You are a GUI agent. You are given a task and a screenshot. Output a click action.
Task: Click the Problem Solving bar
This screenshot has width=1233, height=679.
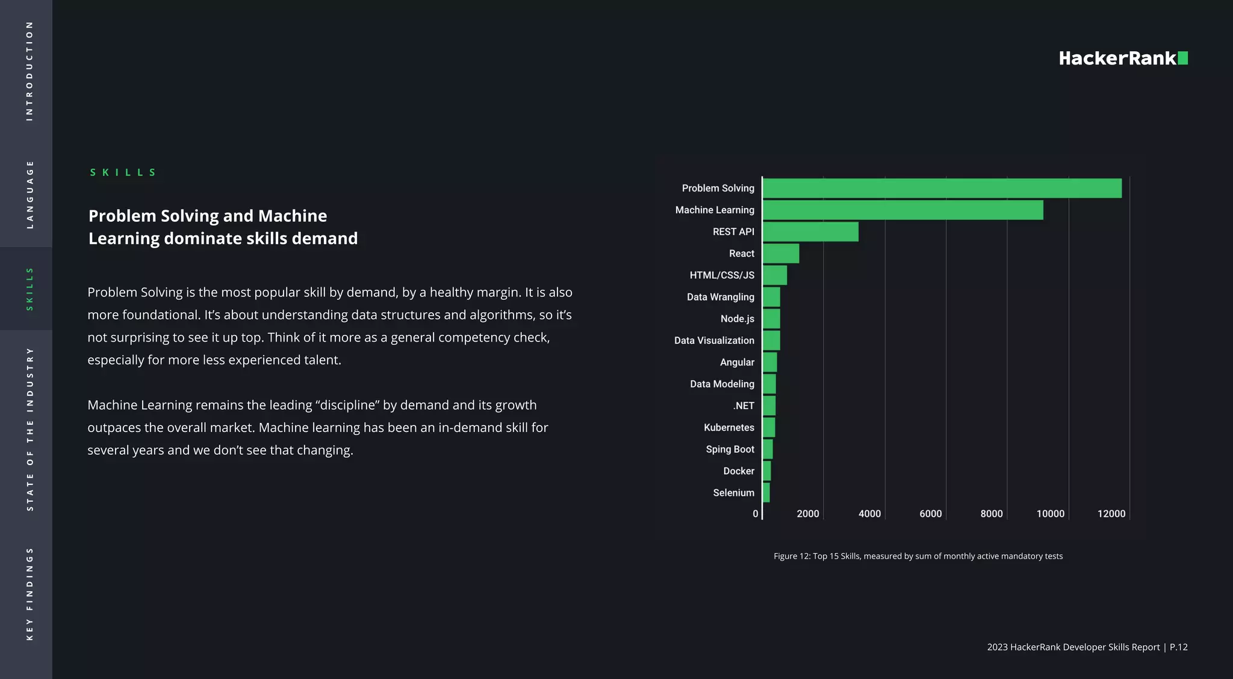pyautogui.click(x=942, y=188)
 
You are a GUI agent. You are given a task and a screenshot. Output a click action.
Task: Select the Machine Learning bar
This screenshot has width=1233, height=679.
pyautogui.click(x=902, y=210)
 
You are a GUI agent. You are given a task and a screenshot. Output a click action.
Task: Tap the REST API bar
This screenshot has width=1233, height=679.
pyautogui.click(x=810, y=231)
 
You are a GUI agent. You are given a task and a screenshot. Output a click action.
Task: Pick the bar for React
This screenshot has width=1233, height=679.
pyautogui.click(x=781, y=253)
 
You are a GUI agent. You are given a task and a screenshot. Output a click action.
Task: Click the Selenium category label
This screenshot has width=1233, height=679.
pyautogui.click(x=733, y=493)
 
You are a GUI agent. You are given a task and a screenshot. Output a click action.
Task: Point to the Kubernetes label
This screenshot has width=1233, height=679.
pyautogui.click(x=728, y=427)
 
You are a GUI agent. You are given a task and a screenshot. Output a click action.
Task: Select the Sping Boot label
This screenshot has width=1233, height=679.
pyautogui.click(x=730, y=449)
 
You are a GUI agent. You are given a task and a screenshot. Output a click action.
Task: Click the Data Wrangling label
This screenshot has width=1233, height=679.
pyautogui.click(x=720, y=297)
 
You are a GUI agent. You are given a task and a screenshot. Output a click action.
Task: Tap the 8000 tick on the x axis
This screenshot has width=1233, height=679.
pyautogui.click(x=991, y=514)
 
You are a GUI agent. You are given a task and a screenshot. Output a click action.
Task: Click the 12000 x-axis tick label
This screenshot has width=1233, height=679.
pyautogui.click(x=1111, y=514)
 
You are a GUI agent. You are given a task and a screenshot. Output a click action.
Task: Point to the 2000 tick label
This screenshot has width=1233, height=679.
pyautogui.click(x=807, y=514)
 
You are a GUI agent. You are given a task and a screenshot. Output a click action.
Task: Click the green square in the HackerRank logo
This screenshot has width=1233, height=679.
pyautogui.click(x=1182, y=58)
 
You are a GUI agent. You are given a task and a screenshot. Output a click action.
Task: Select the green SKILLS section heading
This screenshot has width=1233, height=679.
pyautogui.click(x=123, y=172)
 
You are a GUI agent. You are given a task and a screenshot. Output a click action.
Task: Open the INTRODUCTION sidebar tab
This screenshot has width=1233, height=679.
pyautogui.click(x=29, y=71)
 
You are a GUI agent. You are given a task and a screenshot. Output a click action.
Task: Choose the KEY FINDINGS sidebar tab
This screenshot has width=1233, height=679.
pyautogui.click(x=29, y=593)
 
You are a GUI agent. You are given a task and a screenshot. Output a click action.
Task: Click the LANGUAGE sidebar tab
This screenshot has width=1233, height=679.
pyautogui.click(x=29, y=194)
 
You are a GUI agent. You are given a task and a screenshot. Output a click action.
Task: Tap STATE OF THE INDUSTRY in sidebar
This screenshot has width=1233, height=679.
pyautogui.click(x=29, y=429)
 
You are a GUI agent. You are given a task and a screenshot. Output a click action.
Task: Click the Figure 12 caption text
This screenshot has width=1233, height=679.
pyautogui.click(x=918, y=556)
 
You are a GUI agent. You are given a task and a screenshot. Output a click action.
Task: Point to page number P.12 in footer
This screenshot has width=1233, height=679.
pyautogui.click(x=1178, y=647)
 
